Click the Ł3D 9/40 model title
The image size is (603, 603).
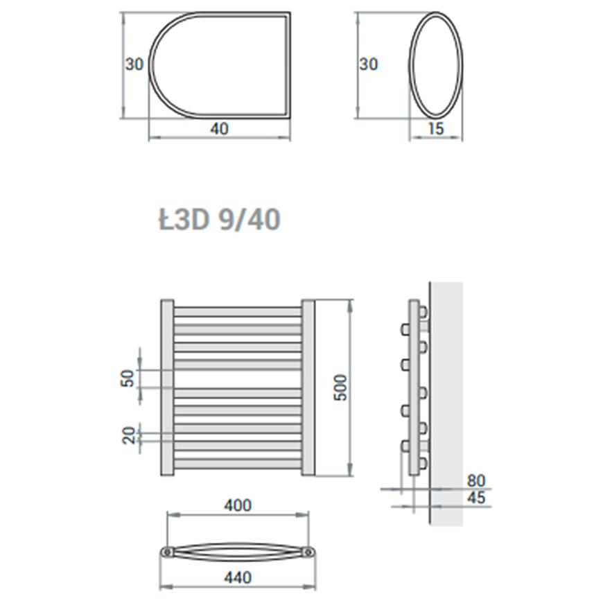point(220,220)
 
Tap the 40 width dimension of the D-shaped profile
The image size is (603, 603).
point(219,128)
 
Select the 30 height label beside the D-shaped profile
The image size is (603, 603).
point(134,64)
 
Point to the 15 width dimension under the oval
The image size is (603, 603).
point(436,128)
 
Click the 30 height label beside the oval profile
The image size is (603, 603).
point(369,64)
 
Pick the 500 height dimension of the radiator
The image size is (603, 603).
point(340,387)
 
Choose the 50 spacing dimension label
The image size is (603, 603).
point(129,378)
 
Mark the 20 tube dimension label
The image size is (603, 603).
point(129,435)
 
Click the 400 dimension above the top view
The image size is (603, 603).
point(238,505)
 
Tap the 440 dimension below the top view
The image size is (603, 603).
point(238,577)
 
